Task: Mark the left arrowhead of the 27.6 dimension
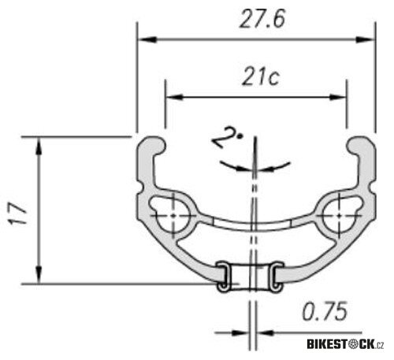coord(144,39)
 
